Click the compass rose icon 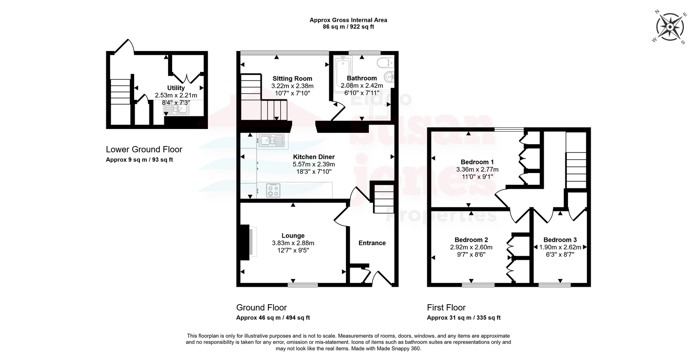pyautogui.click(x=670, y=27)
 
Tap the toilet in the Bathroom pyautogui.click(x=386, y=63)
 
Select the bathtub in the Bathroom pyautogui.click(x=342, y=75)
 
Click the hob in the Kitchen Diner pyautogui.click(x=273, y=190)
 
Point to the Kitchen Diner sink pyautogui.click(x=271, y=140)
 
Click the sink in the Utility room pyautogui.click(x=176, y=109)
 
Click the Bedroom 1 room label pyautogui.click(x=477, y=162)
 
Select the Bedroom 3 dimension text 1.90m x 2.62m pyautogui.click(x=560, y=247)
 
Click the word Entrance pyautogui.click(x=372, y=243)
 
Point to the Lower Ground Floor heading pyautogui.click(x=144, y=149)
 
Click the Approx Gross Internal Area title pyautogui.click(x=348, y=20)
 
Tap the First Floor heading pyautogui.click(x=446, y=308)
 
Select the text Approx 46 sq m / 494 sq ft pyautogui.click(x=273, y=318)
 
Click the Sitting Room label pyautogui.click(x=292, y=78)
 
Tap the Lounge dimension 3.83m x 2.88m pyautogui.click(x=293, y=243)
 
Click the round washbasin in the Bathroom pyautogui.click(x=389, y=76)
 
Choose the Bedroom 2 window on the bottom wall pyautogui.click(x=478, y=284)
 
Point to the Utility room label pyautogui.click(x=176, y=88)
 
